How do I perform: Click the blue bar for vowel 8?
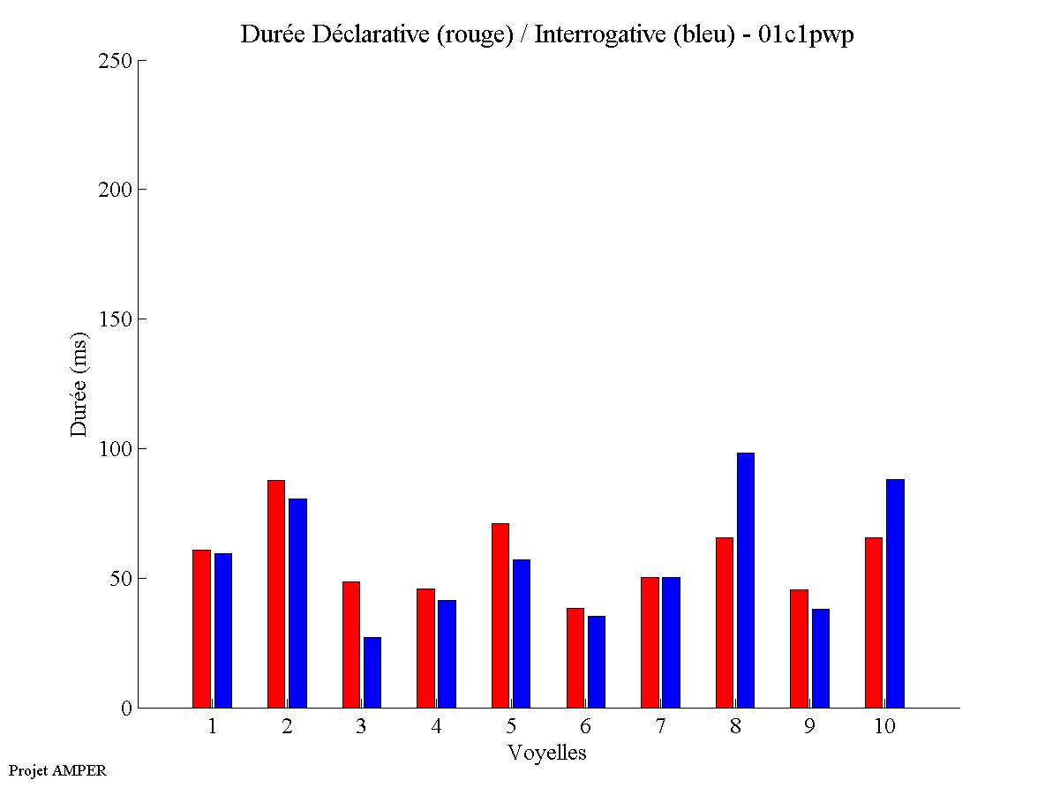point(746,580)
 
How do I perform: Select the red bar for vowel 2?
point(276,594)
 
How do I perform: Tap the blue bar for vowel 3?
point(372,672)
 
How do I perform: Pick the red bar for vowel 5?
point(500,615)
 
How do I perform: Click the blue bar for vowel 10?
point(895,593)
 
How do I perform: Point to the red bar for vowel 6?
point(575,657)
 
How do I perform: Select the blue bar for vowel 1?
point(223,630)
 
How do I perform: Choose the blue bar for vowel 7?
point(672,642)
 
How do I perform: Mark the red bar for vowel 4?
point(425,648)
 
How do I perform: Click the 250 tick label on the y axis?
point(116,61)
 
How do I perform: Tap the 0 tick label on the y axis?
point(125,709)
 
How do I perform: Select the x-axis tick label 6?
point(586,727)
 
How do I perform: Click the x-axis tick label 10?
point(884,727)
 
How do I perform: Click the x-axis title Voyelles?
point(547,753)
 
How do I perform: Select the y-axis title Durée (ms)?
point(79,384)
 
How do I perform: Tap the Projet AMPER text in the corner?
point(57,770)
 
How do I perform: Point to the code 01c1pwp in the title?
point(806,34)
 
